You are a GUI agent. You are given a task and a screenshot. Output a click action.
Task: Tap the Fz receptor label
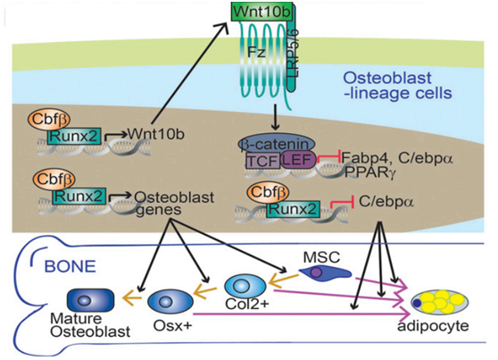[x=256, y=52]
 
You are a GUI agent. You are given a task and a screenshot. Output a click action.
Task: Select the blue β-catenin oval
[x=277, y=145]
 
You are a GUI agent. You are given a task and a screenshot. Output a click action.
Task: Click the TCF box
[x=263, y=161]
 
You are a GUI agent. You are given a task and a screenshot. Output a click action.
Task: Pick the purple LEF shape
[x=298, y=159]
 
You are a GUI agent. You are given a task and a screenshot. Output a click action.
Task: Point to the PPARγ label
[x=370, y=172]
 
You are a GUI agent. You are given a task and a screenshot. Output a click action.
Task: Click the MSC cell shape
[x=325, y=272]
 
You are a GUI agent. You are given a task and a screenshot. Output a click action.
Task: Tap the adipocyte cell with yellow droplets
[x=440, y=302]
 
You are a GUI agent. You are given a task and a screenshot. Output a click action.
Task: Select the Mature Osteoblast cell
[x=90, y=299]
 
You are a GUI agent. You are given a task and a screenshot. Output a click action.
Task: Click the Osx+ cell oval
[x=170, y=301]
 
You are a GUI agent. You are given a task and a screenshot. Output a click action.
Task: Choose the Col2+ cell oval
[x=245, y=286]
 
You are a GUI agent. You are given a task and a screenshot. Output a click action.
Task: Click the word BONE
[x=71, y=266]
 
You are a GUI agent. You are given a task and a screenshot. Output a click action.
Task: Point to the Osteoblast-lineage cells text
[x=398, y=85]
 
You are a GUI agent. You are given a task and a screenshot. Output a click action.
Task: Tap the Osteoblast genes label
[x=174, y=204]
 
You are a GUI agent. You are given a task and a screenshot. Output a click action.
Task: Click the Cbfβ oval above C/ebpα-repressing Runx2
[x=269, y=192]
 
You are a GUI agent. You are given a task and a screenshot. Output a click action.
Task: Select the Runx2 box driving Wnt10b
[x=74, y=136]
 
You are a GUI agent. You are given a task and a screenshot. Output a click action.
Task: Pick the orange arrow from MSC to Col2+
[x=284, y=280]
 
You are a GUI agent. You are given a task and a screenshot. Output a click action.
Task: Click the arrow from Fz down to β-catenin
[x=276, y=117]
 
